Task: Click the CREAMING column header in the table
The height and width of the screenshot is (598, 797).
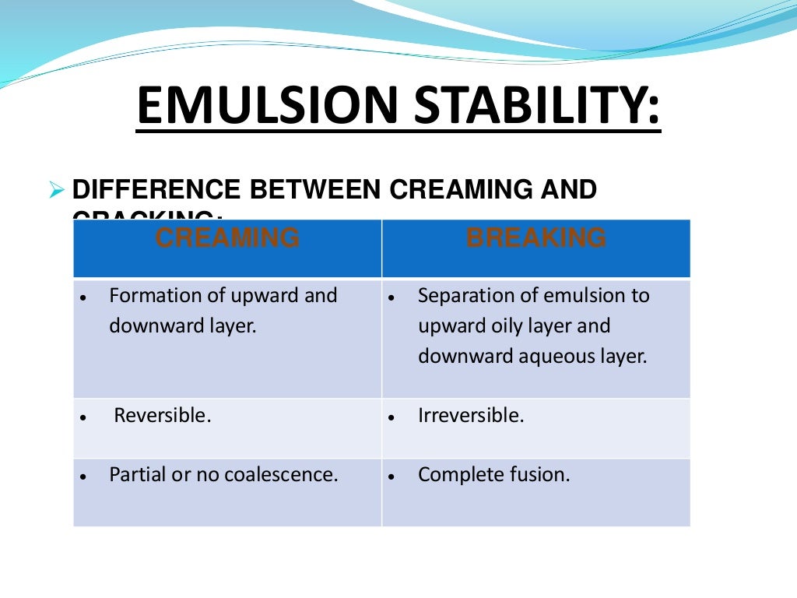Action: [227, 238]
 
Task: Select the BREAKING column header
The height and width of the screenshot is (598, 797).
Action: [535, 238]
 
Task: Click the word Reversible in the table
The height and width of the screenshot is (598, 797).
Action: [162, 416]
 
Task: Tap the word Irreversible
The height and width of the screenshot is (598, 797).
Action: [470, 416]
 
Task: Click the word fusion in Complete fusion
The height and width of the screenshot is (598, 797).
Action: [541, 475]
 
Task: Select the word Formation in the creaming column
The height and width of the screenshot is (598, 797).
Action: [148, 296]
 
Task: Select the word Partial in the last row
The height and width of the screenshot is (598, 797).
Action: [137, 475]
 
